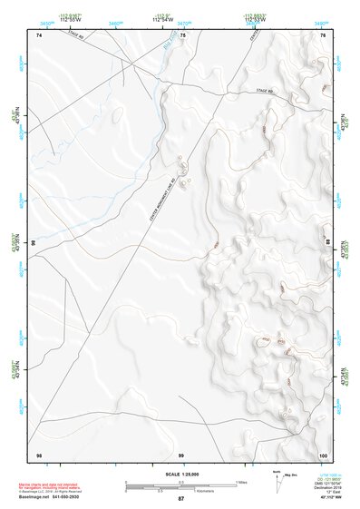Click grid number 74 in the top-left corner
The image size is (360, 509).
point(39,34)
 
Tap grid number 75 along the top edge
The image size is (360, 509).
point(182,34)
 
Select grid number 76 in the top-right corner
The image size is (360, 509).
point(322,34)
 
